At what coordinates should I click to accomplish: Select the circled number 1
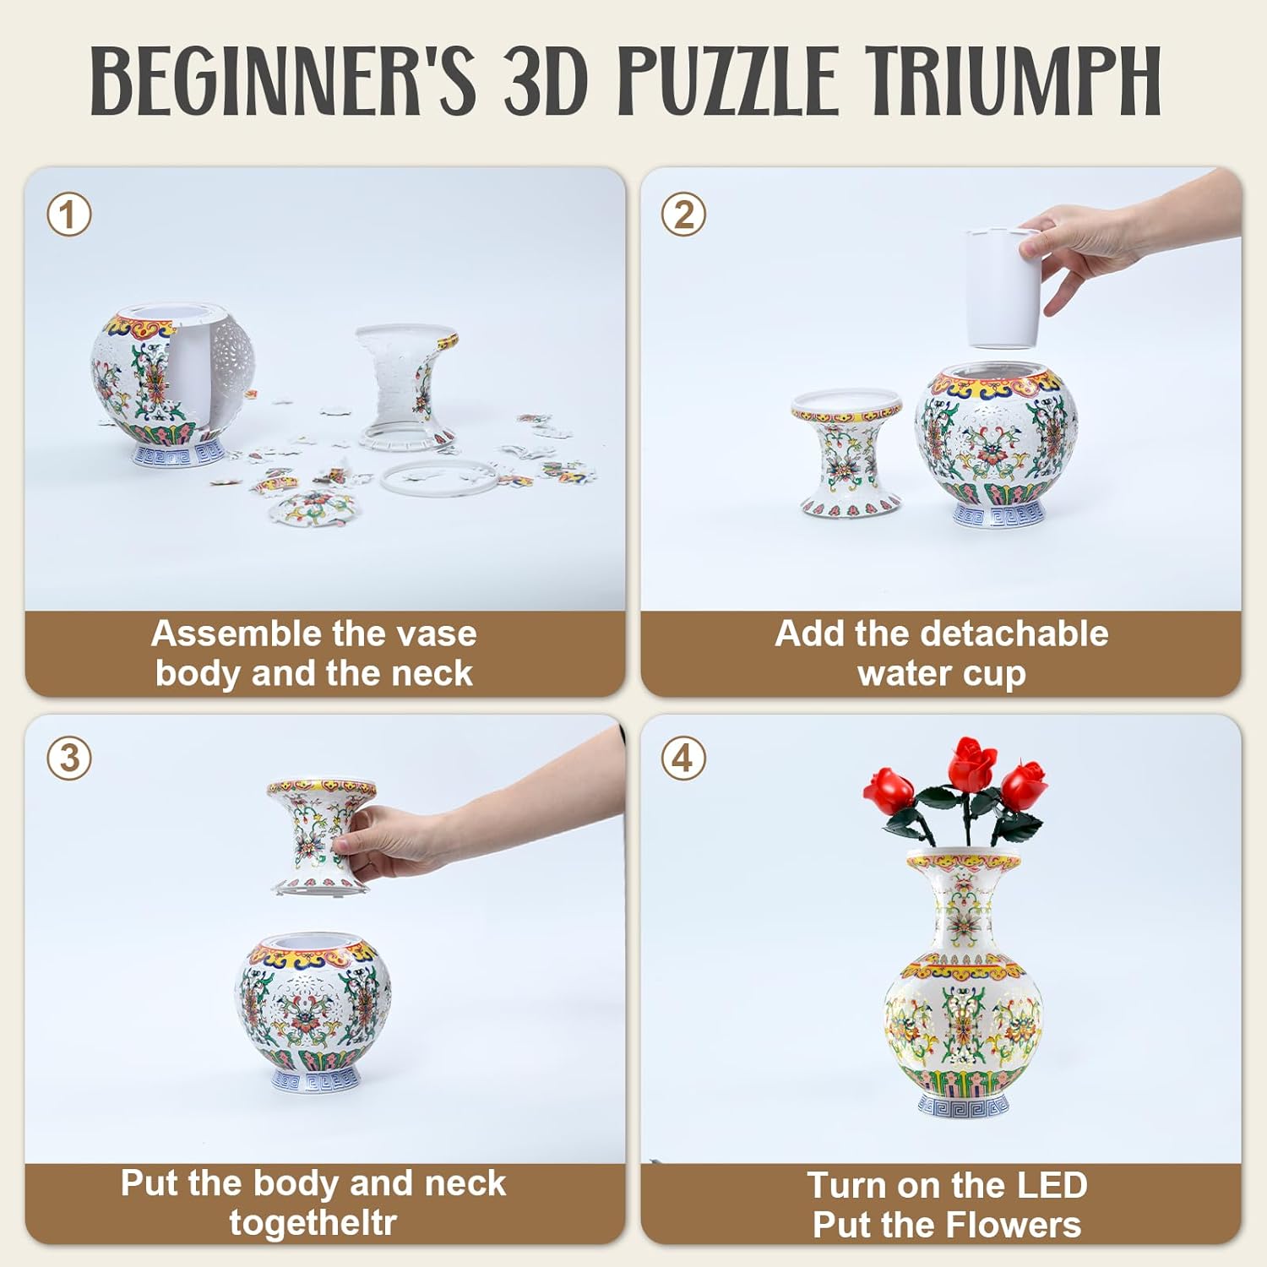68,215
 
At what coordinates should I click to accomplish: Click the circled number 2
683,215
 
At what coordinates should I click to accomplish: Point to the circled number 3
68,758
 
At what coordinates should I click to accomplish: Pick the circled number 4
683,758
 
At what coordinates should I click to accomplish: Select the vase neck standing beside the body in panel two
847,452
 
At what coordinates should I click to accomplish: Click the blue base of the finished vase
963,1105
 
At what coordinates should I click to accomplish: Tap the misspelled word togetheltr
313,1223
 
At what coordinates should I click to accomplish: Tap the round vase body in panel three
314,1005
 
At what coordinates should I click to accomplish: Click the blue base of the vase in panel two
998,514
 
